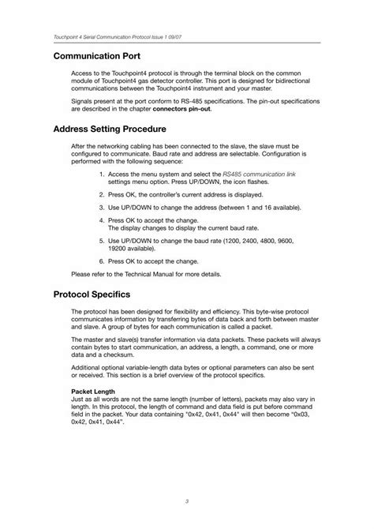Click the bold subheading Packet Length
point(93,392)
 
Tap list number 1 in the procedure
point(102,173)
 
